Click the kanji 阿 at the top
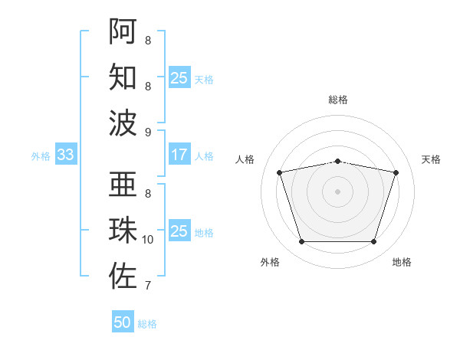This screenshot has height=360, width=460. [123, 31]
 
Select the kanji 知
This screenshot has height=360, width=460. [123, 77]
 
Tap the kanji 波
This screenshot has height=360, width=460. [123, 123]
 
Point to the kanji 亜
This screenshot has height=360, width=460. [123, 184]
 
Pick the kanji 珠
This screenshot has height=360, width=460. [123, 230]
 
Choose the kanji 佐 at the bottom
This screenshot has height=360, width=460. [123, 276]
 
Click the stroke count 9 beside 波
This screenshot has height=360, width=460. [148, 133]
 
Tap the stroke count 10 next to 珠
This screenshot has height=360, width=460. [147, 240]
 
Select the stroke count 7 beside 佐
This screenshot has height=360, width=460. [148, 286]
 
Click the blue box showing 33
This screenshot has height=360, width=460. [66, 154]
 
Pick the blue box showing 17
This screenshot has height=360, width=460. [179, 154]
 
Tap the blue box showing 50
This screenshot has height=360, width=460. [123, 321]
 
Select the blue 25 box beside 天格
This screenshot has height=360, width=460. [179, 77]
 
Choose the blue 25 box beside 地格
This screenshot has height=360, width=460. [179, 230]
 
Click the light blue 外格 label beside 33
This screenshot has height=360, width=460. [41, 156]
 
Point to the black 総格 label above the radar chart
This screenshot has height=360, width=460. [338, 100]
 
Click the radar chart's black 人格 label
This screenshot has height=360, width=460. [245, 159]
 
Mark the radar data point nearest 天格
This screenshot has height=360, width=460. [396, 172]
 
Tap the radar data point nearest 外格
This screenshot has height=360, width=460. [302, 242]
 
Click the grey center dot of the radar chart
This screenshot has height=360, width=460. [337, 191]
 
